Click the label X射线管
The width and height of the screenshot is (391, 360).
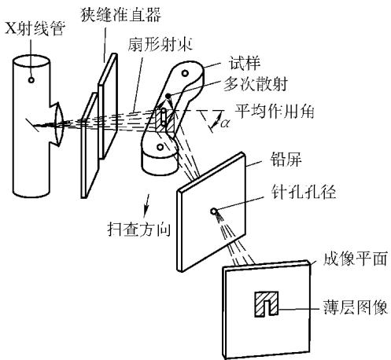pyautogui.click(x=35, y=28)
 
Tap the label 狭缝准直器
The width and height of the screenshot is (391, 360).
pyautogui.click(x=120, y=15)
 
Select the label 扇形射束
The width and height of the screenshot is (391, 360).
pyautogui.click(x=160, y=44)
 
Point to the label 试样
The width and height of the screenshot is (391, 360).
pyautogui.click(x=245, y=63)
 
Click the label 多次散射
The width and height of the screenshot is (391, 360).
pyautogui.click(x=256, y=84)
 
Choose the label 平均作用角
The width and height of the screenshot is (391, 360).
pyautogui.click(x=275, y=112)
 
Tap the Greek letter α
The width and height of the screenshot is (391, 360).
pyautogui.click(x=225, y=123)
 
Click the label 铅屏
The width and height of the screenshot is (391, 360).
pyautogui.click(x=286, y=160)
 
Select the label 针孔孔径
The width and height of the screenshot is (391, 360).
pyautogui.click(x=304, y=193)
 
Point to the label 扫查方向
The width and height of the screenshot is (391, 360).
pyautogui.click(x=139, y=230)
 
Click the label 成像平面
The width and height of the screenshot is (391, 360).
pyautogui.click(x=356, y=259)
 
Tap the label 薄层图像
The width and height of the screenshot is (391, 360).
pyautogui.click(x=356, y=307)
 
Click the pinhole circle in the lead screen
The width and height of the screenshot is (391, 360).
pyautogui.click(x=214, y=211)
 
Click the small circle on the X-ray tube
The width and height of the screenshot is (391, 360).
pyautogui.click(x=31, y=80)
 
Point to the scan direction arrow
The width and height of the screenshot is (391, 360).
pyautogui.click(x=147, y=206)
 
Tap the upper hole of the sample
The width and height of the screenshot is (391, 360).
pyautogui.click(x=185, y=73)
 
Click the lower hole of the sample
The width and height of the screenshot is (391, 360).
pyautogui.click(x=160, y=147)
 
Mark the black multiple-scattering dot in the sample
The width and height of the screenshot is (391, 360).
pyautogui.click(x=168, y=96)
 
